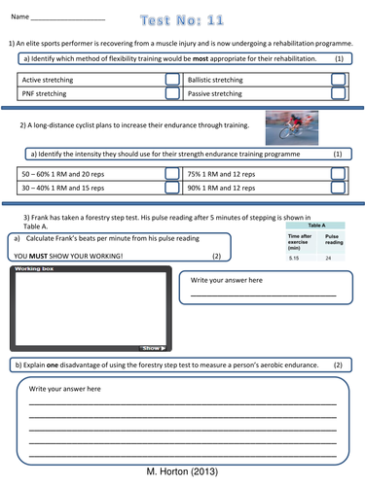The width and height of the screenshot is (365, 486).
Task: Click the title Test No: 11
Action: tap(181, 18)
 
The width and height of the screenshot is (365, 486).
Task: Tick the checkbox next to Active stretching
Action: tap(172, 80)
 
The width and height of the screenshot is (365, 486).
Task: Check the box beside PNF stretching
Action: tap(172, 94)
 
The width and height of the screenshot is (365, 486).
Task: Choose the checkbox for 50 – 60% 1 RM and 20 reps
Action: tap(172, 173)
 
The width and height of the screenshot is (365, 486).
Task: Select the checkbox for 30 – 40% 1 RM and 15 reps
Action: tap(172, 188)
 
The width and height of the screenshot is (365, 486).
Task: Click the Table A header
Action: tap(316, 225)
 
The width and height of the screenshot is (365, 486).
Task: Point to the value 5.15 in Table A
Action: tap(294, 259)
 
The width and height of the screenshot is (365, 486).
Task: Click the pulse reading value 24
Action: tap(329, 259)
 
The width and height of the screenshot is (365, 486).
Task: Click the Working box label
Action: tap(33, 268)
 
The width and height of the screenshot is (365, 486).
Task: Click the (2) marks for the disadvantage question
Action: tap(338, 364)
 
